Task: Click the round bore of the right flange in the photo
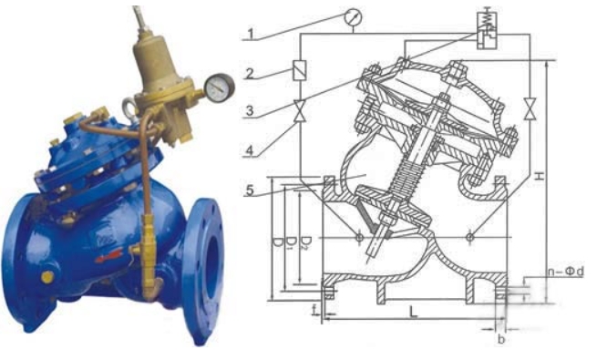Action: (211, 264)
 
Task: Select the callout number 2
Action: (249, 74)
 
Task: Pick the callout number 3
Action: (249, 110)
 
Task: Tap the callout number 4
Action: (249, 149)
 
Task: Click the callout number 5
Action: (249, 190)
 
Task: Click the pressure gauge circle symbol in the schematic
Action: (352, 15)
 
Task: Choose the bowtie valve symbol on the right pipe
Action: (530, 107)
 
